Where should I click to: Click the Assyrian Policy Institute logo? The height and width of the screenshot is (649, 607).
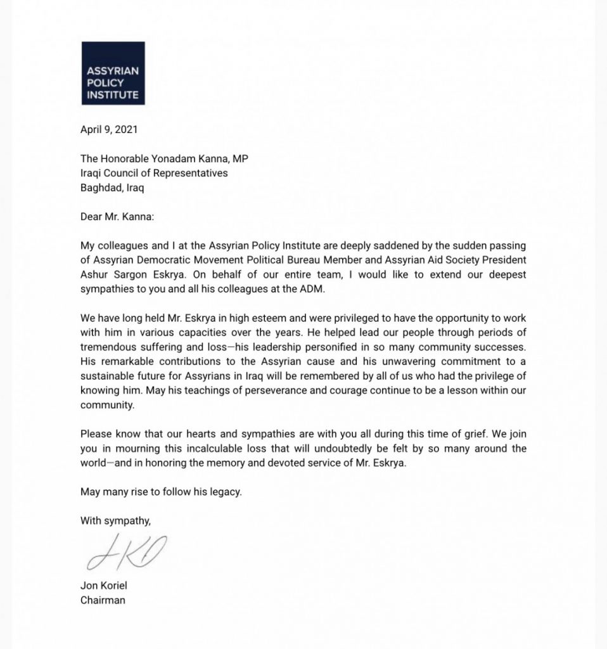113,73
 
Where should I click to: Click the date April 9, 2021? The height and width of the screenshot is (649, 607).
108,129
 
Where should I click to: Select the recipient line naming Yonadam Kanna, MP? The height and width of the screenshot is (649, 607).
164,158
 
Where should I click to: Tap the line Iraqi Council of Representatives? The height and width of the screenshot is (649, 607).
154,173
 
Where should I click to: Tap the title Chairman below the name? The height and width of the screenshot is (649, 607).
103,600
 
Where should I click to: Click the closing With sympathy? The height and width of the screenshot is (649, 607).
116,521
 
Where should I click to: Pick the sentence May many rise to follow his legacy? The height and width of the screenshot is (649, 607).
161,492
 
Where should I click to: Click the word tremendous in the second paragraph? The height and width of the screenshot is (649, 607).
109,347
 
